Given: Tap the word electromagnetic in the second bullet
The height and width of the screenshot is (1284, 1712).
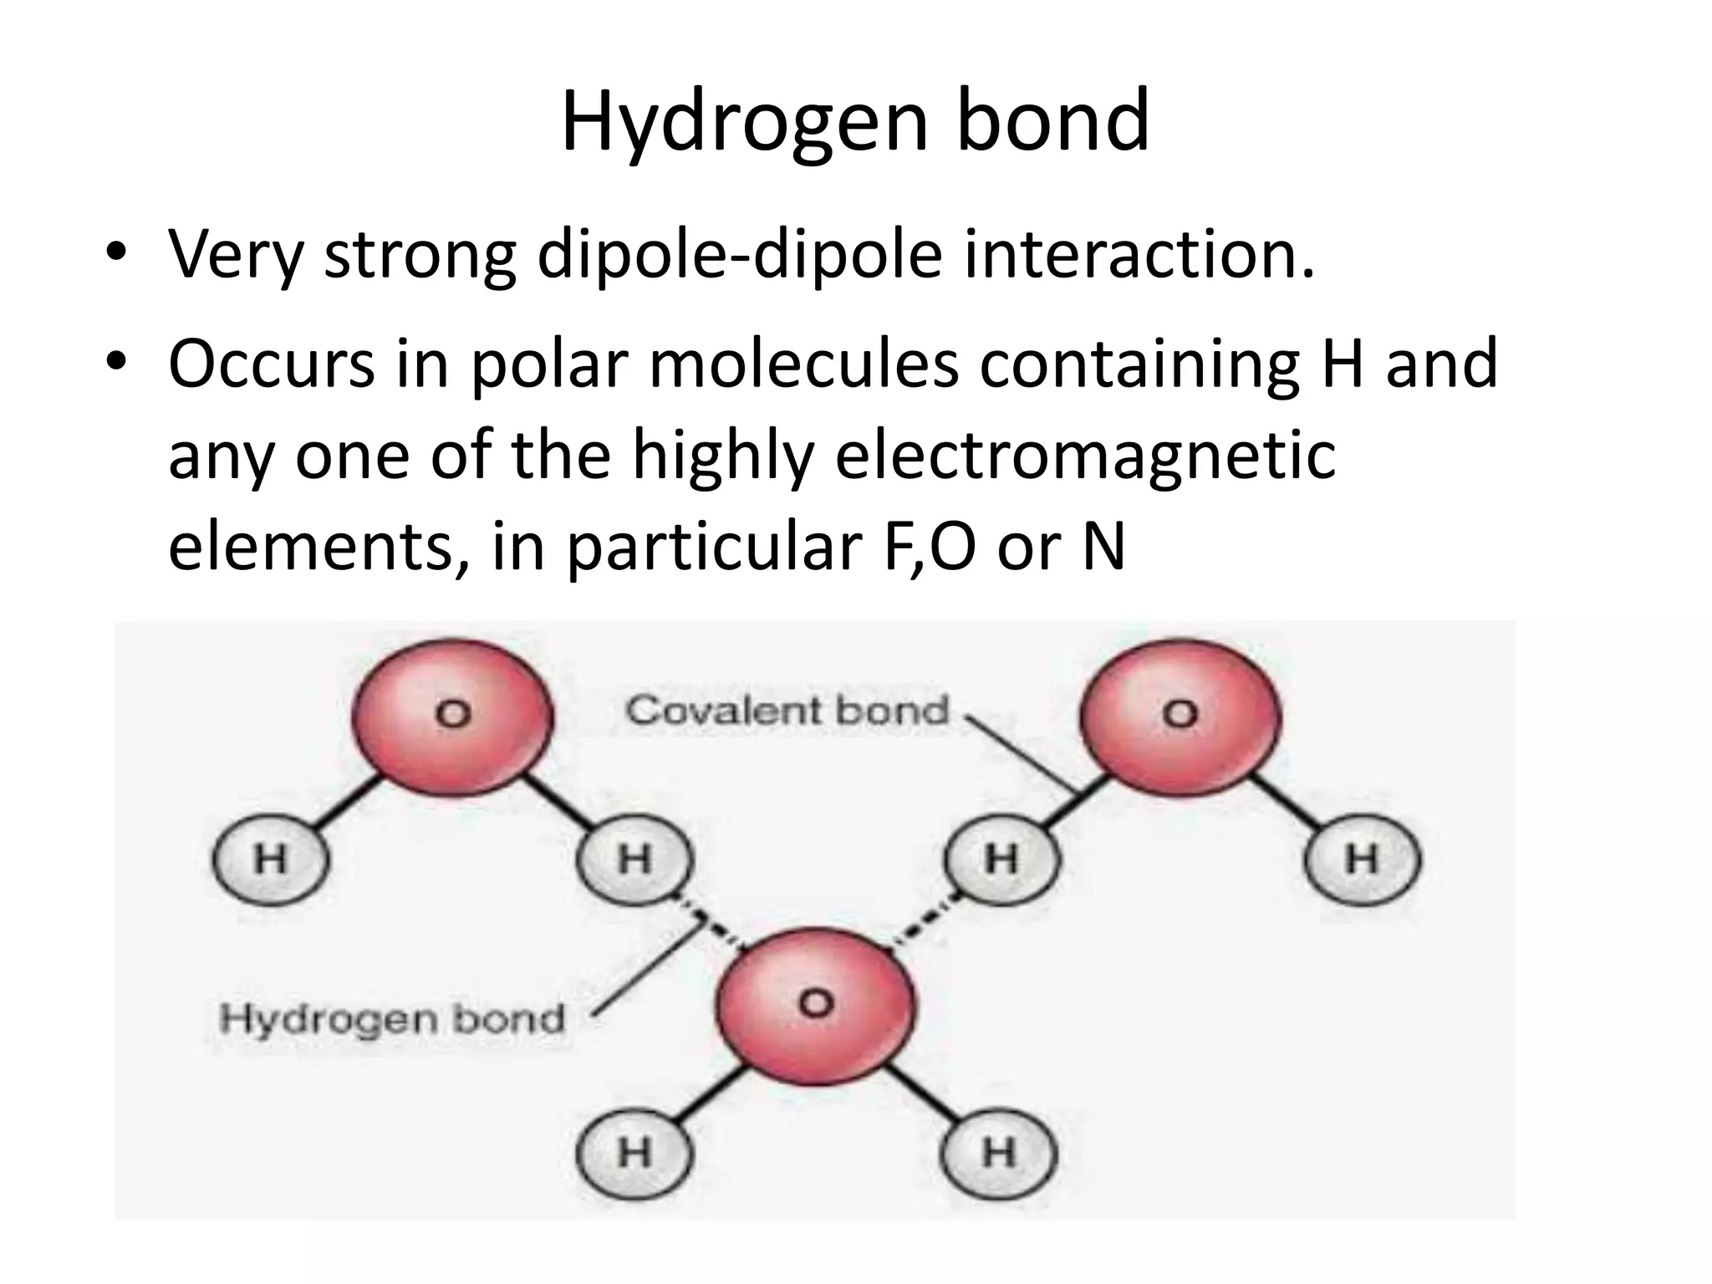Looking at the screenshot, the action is coord(1085,456).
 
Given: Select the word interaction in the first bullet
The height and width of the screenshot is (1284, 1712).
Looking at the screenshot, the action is coord(1139,254).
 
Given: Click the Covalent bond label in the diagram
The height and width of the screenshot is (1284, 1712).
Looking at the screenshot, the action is coord(787,711).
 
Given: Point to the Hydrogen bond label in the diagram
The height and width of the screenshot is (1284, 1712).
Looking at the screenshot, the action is coord(391,1019).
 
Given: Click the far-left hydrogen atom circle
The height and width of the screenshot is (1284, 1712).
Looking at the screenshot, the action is coord(270,859).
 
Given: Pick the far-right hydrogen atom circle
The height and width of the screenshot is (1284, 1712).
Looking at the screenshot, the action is coord(1362,859).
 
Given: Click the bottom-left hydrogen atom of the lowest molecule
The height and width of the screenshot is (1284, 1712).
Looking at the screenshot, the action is coord(634,1154).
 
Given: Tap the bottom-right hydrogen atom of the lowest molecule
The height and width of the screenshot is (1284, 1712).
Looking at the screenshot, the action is coord(999,1154).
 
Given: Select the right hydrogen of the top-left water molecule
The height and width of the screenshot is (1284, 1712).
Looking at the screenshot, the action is coord(634,859).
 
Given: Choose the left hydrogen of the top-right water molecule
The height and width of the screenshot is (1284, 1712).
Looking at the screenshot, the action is coord(1001,859).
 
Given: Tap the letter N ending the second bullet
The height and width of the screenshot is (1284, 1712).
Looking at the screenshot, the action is coord(1103,548).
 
